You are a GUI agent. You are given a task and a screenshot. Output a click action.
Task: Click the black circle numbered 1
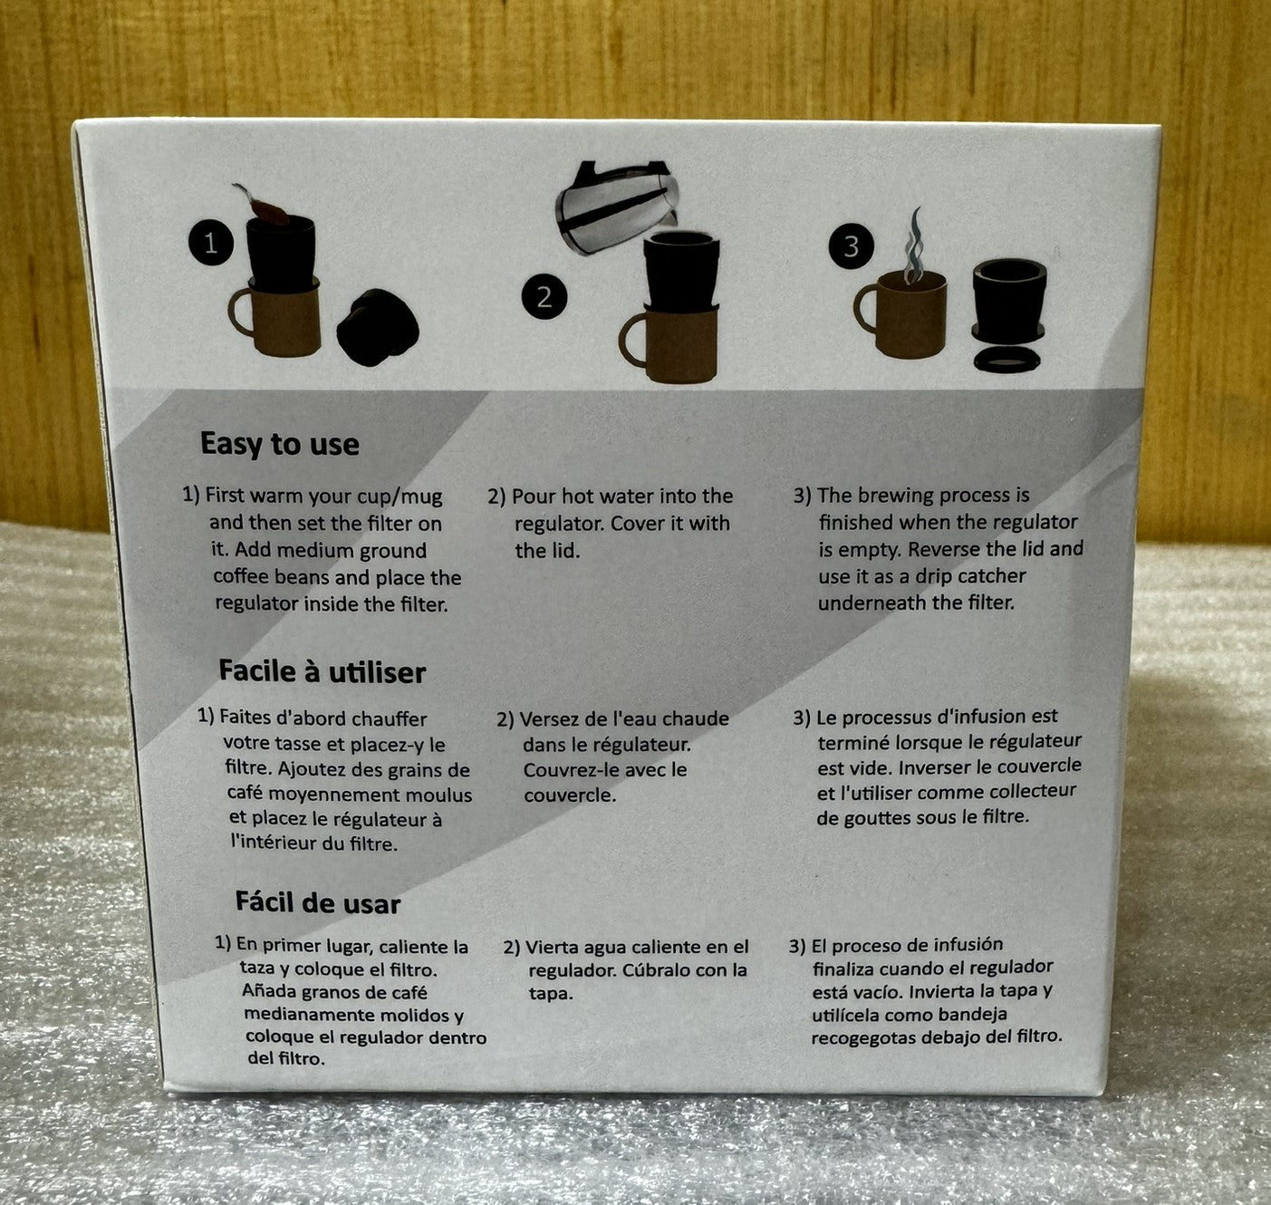[x=211, y=243]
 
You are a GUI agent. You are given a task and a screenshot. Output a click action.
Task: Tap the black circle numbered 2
[x=544, y=297]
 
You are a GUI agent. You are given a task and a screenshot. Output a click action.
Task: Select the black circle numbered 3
[x=852, y=246]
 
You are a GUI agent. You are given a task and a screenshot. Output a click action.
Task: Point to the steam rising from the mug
[x=913, y=246]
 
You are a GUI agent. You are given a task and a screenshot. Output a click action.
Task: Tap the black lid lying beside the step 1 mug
[x=378, y=327]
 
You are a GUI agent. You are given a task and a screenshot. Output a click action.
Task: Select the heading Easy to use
[x=279, y=444]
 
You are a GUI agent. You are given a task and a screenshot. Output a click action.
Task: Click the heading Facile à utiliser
[x=322, y=671]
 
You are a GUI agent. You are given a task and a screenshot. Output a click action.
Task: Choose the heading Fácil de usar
[x=317, y=902]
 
